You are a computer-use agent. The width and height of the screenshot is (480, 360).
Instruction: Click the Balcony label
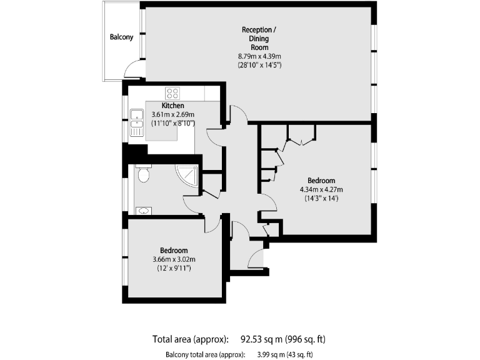(121, 37)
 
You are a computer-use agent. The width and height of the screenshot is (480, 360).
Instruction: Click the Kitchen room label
(173, 106)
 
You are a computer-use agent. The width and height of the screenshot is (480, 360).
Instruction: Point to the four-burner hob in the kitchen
(172, 93)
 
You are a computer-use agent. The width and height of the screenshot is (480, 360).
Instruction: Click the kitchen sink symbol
(137, 122)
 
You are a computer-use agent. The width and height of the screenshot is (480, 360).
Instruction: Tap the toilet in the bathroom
(143, 174)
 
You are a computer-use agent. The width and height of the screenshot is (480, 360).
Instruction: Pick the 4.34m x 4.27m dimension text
(321, 189)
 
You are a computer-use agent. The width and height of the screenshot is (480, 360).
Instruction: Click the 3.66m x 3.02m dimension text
(174, 259)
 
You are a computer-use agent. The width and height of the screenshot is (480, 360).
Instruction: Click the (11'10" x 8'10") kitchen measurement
(173, 123)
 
